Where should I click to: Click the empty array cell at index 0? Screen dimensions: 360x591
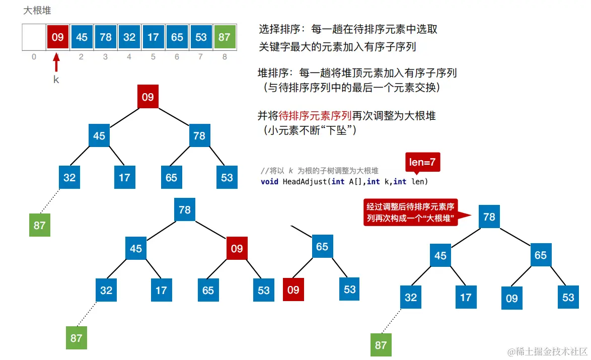[x=34, y=37]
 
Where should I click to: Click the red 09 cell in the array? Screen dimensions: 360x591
[x=57, y=37]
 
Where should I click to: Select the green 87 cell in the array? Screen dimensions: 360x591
[x=225, y=37]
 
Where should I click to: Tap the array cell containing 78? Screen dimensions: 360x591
[x=105, y=37]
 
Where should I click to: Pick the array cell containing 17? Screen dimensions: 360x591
[x=153, y=37]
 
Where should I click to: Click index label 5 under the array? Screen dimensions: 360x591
[x=153, y=57]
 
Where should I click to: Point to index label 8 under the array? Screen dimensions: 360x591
[x=225, y=57]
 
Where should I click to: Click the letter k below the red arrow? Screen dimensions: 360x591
[x=56, y=79]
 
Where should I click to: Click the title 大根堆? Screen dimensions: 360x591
[x=37, y=10]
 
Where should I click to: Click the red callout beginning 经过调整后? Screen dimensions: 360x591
[x=412, y=212]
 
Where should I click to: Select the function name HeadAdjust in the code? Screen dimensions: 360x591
[x=304, y=181]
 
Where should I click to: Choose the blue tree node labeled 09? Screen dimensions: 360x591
[x=511, y=298]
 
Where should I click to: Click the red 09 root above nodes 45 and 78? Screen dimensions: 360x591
[x=147, y=97]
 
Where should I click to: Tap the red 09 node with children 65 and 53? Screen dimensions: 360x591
[x=237, y=248]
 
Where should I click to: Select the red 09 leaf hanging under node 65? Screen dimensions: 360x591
[x=293, y=290]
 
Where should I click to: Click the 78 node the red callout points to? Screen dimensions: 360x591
[x=489, y=217]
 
